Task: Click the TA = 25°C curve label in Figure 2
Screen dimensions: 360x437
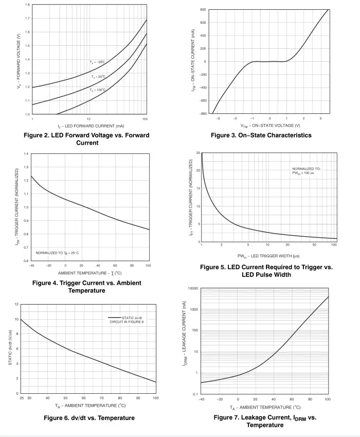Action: tap(98, 76)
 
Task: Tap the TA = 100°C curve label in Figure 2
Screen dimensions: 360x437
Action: tap(98, 90)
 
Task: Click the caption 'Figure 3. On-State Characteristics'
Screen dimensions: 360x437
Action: tap(261, 135)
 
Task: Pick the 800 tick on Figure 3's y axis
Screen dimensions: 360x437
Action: tap(203, 10)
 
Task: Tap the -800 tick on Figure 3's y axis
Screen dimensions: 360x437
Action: tap(203, 113)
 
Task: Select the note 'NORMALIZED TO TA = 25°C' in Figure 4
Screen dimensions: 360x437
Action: tap(57, 253)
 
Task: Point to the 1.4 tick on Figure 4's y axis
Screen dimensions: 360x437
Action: tap(26, 154)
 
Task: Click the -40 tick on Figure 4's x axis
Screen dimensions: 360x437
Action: tap(31, 266)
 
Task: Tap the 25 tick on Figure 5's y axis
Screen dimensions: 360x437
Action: tap(198, 153)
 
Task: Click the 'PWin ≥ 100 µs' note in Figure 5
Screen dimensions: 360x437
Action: tap(303, 173)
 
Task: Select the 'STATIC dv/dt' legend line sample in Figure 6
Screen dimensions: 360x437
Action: tap(115, 318)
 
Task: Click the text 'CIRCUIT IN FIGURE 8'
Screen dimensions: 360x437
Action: tap(127, 322)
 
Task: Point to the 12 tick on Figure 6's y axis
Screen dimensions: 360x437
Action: tap(16, 304)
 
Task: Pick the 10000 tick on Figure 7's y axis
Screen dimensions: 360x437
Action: tap(193, 288)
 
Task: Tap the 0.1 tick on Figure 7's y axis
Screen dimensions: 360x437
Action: tap(195, 394)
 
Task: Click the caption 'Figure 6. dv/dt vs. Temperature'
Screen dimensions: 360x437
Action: tap(89, 418)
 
